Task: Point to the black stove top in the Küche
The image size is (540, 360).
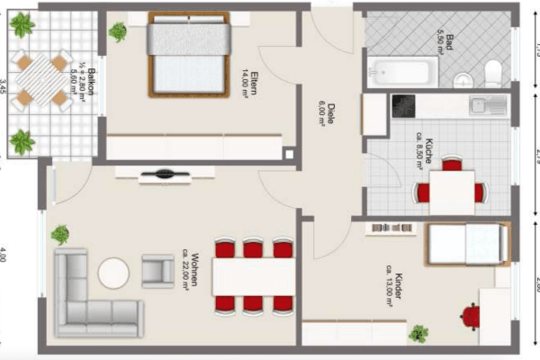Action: (x=401, y=105)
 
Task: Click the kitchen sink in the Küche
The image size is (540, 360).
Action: (x=489, y=105)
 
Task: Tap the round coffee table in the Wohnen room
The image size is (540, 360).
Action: (x=114, y=273)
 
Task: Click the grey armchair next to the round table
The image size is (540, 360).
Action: (x=158, y=270)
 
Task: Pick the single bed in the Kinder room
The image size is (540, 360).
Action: (x=464, y=243)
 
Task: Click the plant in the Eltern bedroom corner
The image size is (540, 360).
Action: (x=118, y=32)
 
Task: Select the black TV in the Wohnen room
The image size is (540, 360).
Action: (x=164, y=174)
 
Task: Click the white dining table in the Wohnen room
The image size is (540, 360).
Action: (x=254, y=276)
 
